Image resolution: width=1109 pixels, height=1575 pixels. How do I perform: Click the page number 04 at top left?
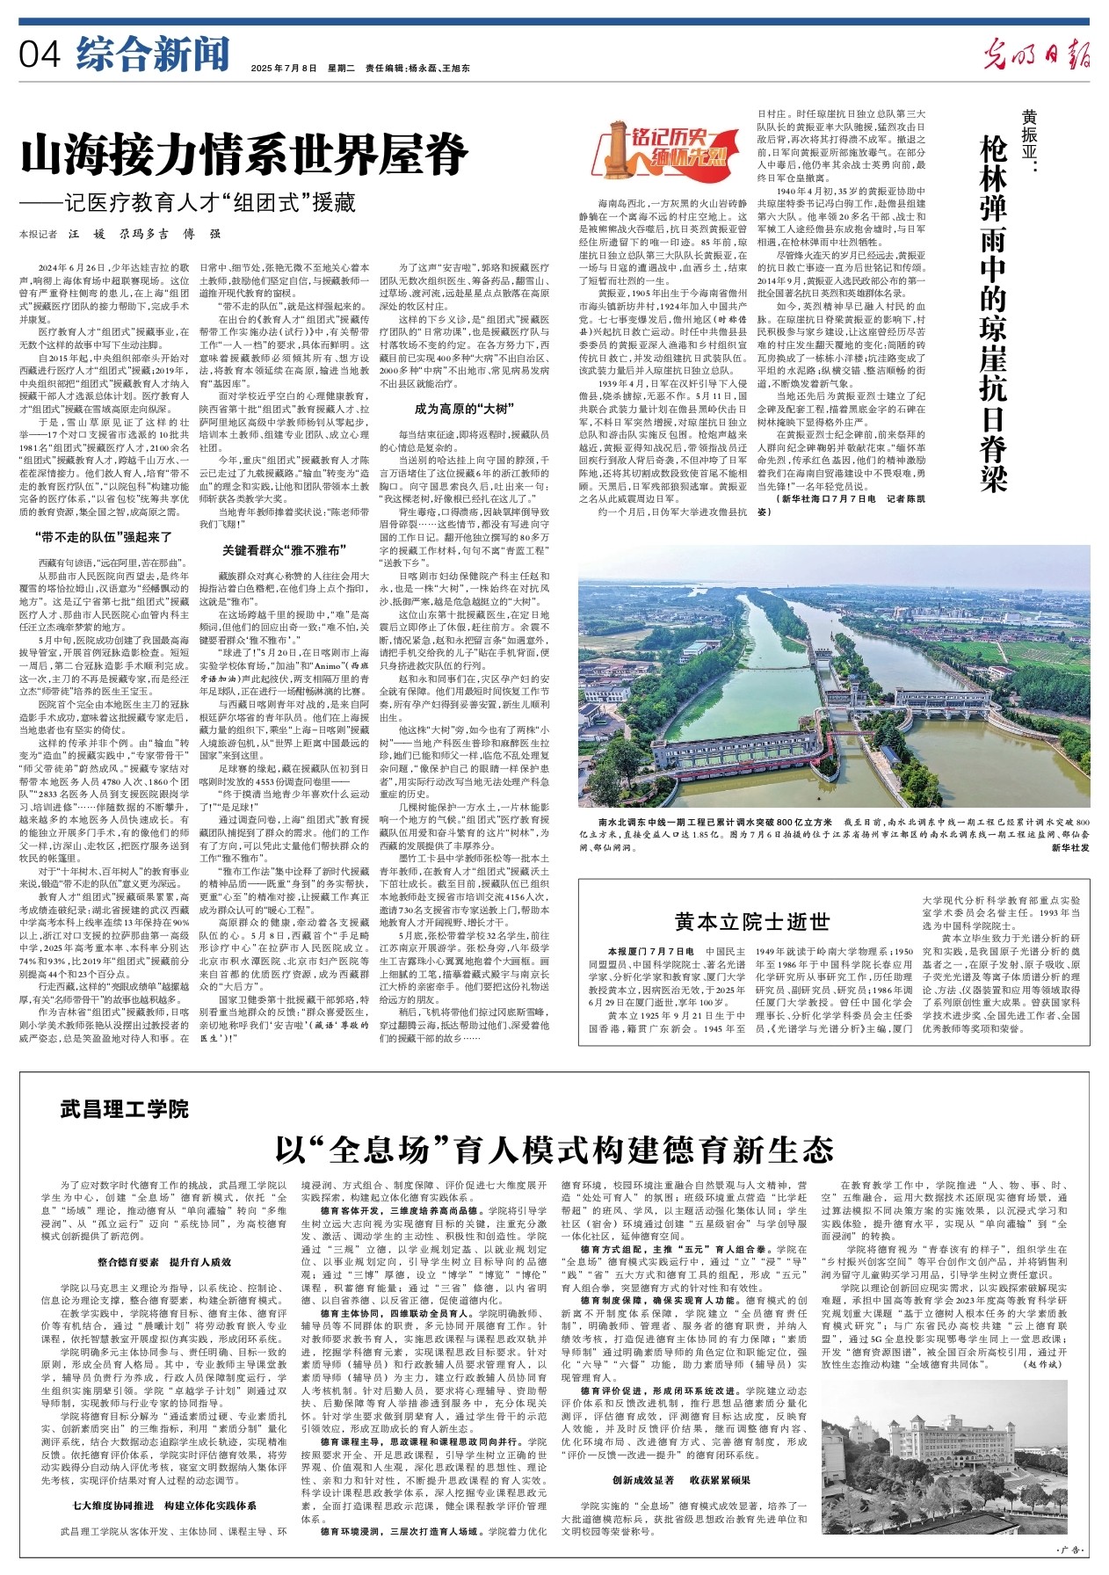coord(40,55)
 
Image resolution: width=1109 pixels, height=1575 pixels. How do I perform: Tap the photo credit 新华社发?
coord(1069,847)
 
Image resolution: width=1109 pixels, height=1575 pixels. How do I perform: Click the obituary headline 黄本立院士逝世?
coord(751,921)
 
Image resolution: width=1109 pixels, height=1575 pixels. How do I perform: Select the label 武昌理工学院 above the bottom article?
coord(125,1108)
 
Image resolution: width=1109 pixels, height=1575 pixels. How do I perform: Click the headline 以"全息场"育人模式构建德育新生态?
coord(554,1148)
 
